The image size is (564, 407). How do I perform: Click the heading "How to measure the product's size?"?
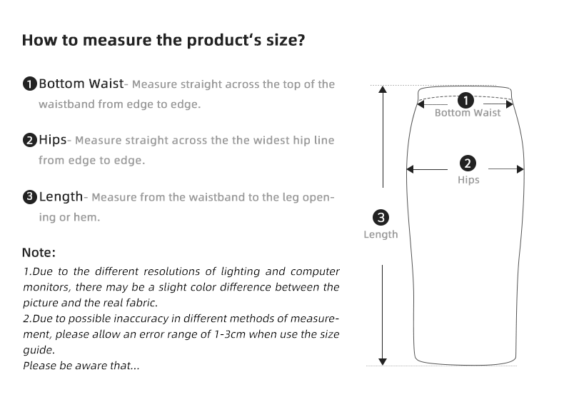click(x=163, y=40)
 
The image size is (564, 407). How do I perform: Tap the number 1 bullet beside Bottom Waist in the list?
click(x=29, y=84)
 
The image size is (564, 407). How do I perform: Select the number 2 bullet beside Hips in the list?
click(x=29, y=140)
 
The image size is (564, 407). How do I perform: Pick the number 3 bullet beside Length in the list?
click(x=29, y=197)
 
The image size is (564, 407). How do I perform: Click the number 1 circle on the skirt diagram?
click(x=466, y=99)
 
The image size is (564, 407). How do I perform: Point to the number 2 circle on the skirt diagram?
click(x=469, y=164)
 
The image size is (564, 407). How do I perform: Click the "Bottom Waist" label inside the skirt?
click(x=468, y=113)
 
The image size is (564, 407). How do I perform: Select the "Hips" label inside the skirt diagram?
click(x=468, y=180)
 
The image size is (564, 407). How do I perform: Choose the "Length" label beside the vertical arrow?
click(x=381, y=234)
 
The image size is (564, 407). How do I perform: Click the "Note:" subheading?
click(x=39, y=253)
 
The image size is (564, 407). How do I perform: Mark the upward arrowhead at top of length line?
click(x=383, y=90)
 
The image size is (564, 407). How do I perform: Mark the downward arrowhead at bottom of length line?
click(x=383, y=361)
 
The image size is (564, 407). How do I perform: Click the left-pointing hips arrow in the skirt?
click(x=412, y=170)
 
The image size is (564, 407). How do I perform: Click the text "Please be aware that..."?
click(x=81, y=366)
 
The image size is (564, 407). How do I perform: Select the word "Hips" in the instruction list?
click(x=53, y=140)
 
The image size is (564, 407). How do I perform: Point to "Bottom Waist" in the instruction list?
click(x=81, y=84)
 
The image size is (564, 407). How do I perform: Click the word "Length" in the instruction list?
click(x=61, y=196)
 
